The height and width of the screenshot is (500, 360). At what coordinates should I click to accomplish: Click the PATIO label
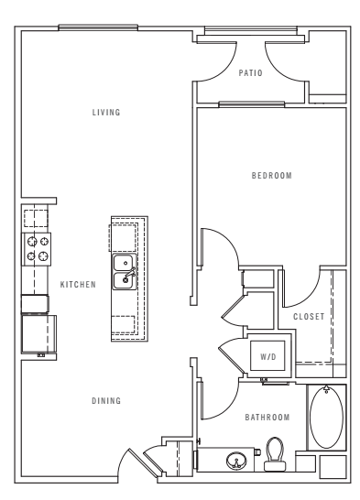coord(251,73)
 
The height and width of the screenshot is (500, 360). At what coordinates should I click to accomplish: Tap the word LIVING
coord(107,113)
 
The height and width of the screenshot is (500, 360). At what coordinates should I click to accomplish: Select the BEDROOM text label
coord(271,176)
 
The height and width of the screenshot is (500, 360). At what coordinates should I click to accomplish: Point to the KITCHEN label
coord(78,285)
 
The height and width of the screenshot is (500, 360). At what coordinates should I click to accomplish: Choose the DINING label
coord(107,401)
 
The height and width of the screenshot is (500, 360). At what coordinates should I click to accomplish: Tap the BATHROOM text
coord(267,418)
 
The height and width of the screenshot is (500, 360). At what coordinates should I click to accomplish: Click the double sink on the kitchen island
coord(125,272)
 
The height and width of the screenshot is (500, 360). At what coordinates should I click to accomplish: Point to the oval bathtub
coord(326,418)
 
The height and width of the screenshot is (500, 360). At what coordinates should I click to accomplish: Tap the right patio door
coord(284,62)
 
